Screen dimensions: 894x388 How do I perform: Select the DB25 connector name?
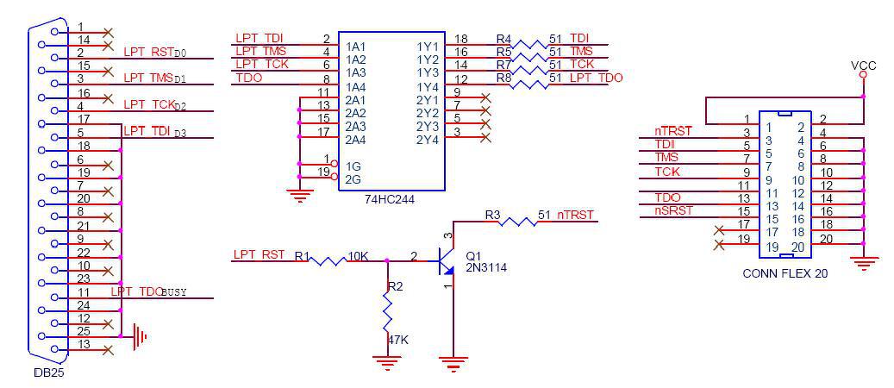48,373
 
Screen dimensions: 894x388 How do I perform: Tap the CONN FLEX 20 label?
785,273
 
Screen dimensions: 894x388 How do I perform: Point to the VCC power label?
863,66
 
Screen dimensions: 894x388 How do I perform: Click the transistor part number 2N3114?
486,266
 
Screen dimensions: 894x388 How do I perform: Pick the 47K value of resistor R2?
398,340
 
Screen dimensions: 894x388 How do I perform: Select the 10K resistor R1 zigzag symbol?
328,260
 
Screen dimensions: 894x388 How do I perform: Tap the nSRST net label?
674,210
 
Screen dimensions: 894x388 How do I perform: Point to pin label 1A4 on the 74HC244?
354,86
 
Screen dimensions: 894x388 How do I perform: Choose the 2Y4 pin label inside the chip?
428,139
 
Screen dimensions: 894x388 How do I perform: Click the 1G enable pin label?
352,166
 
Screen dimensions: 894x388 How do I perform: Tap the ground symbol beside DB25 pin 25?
140,336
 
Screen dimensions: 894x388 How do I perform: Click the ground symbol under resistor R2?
387,362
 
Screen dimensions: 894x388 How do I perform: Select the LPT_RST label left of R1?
259,254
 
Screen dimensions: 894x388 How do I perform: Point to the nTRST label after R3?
575,215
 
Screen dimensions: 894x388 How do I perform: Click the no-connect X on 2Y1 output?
485,97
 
